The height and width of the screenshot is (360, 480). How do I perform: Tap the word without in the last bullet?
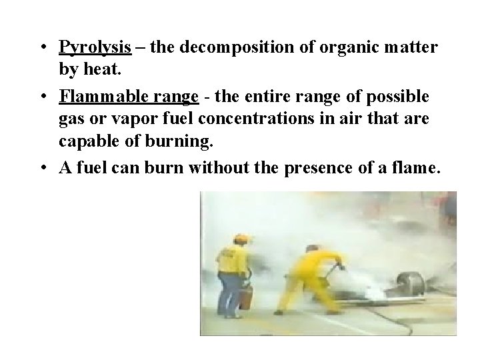click(217, 168)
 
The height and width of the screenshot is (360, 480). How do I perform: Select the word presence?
click(317, 168)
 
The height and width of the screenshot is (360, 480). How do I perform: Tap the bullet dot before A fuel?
click(42, 168)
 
